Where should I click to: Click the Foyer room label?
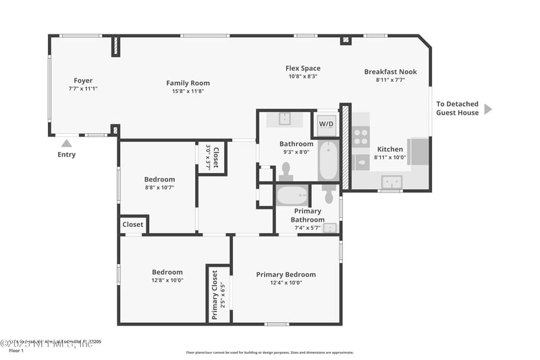[83, 81]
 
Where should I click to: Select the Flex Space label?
[302, 68]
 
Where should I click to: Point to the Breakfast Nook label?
[390, 72]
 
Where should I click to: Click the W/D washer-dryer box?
[326, 124]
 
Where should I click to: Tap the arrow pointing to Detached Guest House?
[488, 109]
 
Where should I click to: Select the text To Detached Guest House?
[457, 109]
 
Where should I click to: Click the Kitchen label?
[389, 149]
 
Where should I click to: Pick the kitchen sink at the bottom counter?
[391, 182]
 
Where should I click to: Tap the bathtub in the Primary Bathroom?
[292, 196]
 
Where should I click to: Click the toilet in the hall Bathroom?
[286, 170]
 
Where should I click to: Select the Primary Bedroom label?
[286, 274]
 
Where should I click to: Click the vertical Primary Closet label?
[215, 294]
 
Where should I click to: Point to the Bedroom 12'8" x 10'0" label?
[167, 272]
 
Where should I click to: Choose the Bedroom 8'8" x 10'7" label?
[159, 180]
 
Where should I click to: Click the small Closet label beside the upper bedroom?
[132, 224]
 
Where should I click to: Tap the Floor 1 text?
[16, 351]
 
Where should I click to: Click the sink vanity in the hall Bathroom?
[284, 120]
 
